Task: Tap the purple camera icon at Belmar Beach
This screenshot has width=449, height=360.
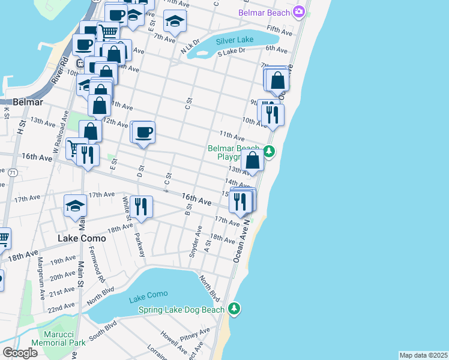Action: tap(298, 12)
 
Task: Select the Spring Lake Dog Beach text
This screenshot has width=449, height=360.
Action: tap(181, 310)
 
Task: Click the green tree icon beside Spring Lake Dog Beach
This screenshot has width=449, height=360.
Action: tap(234, 309)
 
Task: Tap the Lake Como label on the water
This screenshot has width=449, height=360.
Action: tap(148, 294)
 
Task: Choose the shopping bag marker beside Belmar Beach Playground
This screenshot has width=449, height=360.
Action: tap(253, 160)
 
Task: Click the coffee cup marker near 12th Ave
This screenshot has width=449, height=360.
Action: tap(144, 132)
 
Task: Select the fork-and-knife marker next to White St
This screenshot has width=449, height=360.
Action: tap(142, 206)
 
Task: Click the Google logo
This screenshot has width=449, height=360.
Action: tap(20, 353)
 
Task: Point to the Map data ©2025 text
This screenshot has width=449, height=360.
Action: tap(423, 355)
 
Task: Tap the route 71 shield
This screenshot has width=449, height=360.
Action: tap(12, 172)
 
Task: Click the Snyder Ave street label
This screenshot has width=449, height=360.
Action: tap(194, 242)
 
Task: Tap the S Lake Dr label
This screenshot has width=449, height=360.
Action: tap(231, 53)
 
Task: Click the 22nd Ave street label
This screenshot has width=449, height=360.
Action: tap(61, 308)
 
